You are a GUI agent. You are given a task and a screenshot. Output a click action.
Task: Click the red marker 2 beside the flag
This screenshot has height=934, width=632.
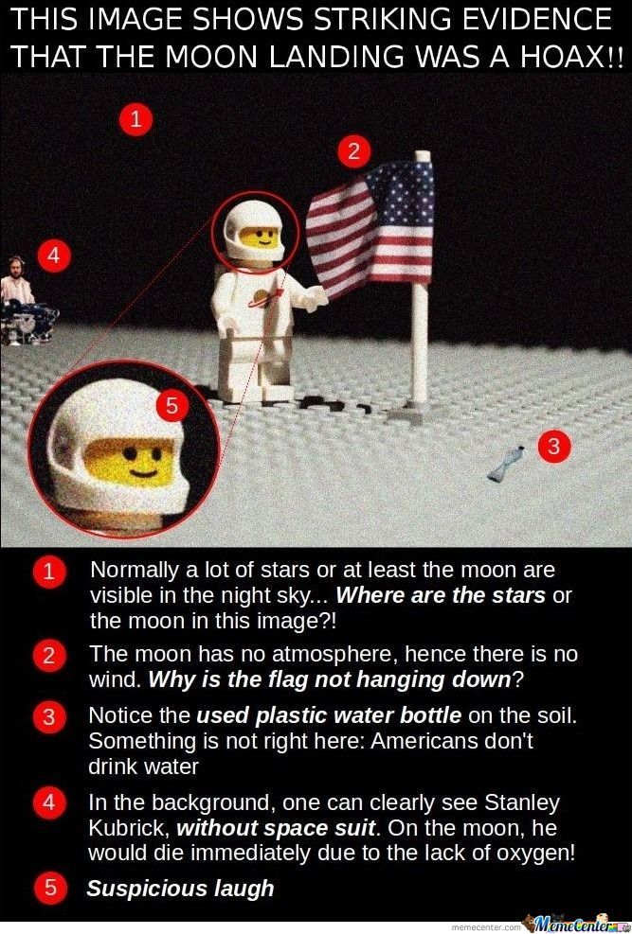[354, 152]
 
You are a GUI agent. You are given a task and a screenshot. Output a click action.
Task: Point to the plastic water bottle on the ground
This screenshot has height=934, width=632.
[506, 464]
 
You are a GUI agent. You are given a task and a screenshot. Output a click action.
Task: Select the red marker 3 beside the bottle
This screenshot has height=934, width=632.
[554, 446]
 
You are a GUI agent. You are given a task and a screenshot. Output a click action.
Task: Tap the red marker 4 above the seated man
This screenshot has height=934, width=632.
[54, 256]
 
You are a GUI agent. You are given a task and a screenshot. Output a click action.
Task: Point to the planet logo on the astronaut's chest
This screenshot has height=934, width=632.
[263, 297]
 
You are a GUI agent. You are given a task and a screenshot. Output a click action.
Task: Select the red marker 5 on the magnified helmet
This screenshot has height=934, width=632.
[172, 406]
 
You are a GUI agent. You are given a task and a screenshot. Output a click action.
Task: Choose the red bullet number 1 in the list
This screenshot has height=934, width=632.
[49, 572]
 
